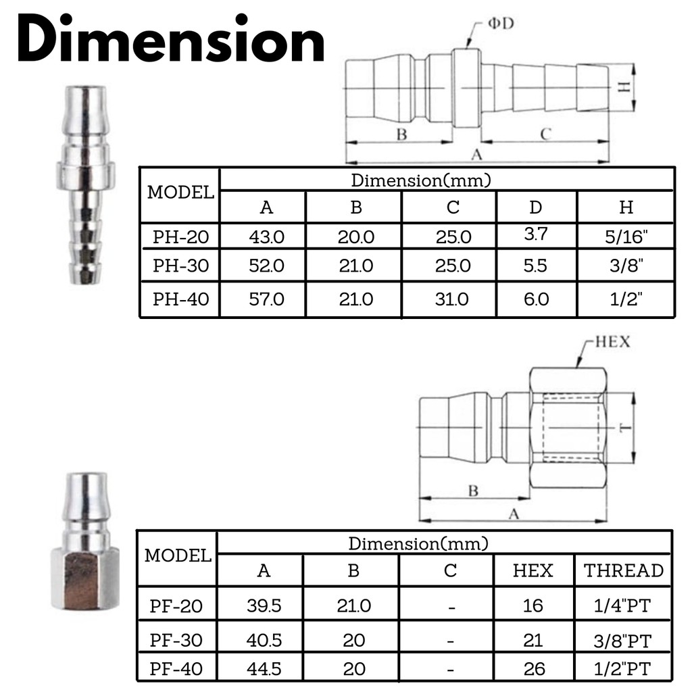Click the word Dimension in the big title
[x=171, y=39]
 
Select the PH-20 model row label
[x=180, y=237]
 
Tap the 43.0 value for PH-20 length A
[x=266, y=237]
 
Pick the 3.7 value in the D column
[x=536, y=233]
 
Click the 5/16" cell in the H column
[x=626, y=237]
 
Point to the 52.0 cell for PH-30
[x=266, y=266]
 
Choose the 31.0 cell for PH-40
[x=451, y=299]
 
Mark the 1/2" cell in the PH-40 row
[x=626, y=299]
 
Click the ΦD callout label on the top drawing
[x=501, y=23]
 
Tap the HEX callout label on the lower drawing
[x=612, y=341]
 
